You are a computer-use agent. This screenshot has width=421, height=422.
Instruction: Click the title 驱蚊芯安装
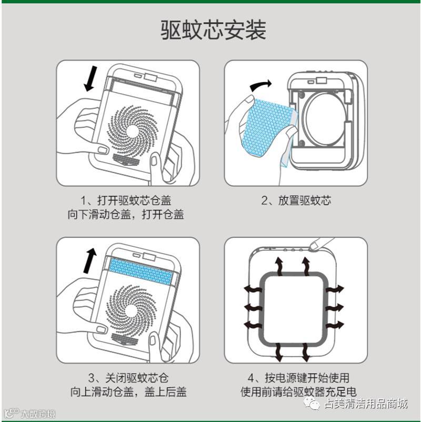coord(213,30)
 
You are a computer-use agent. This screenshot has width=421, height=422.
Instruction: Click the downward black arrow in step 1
coord(91,78)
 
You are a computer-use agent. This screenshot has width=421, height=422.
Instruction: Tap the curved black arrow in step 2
coord(260,85)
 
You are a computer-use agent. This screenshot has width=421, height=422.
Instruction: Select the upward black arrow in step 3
coord(90,260)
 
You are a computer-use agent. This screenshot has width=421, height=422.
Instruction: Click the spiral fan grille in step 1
coord(133,131)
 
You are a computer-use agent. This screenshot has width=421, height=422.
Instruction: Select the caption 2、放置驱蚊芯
coord(296,200)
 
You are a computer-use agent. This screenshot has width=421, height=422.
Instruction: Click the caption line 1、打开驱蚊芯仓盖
coord(126,200)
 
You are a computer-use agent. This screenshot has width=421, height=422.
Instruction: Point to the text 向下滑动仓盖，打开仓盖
coord(126,215)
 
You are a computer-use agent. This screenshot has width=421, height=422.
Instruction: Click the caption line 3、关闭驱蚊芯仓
coord(128,378)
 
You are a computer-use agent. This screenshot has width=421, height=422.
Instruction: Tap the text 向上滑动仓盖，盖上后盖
coord(128,392)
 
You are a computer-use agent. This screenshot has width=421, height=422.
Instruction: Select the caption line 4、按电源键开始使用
coord(298,378)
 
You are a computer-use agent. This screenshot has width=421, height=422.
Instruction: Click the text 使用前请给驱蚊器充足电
coord(298,392)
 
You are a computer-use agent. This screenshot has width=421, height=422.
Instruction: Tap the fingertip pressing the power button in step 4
coord(314,246)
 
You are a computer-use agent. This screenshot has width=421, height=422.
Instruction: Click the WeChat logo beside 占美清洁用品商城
coord(312,404)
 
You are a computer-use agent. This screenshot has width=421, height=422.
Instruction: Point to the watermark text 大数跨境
coord(38,414)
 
